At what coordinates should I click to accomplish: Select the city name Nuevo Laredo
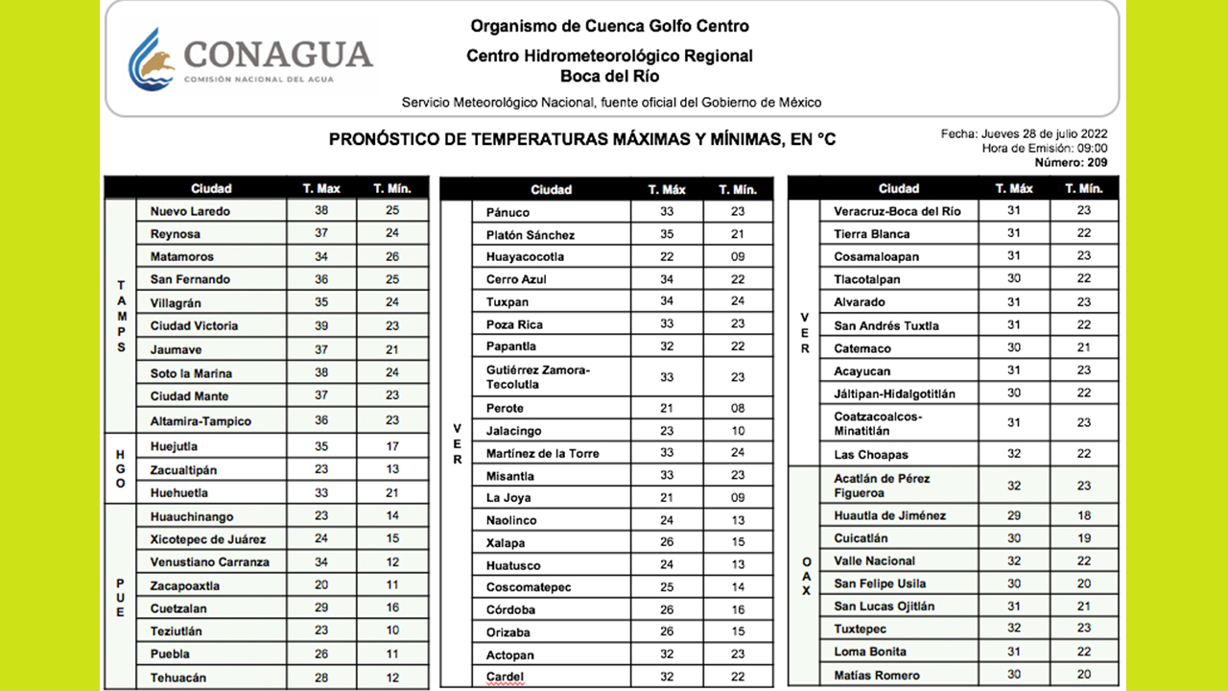pos(190,211)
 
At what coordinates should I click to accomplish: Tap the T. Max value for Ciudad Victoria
pos(320,326)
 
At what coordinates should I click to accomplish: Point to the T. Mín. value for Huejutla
pos(392,446)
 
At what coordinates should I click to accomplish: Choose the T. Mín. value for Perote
pos(737,408)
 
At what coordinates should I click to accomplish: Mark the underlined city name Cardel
pos(506,678)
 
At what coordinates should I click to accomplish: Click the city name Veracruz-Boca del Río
pos(897,211)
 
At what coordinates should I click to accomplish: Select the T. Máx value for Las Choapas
pos(1013,455)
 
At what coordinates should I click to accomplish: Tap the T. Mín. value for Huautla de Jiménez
pos(1083,515)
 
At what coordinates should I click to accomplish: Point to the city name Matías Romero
pos(877,676)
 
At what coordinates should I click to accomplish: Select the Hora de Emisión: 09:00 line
pos(1045,148)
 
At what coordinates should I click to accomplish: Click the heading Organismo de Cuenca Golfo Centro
pos(609,26)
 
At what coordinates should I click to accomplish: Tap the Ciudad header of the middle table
pos(551,190)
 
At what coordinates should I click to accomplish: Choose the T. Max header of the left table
pos(320,188)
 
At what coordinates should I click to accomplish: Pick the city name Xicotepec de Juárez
pos(208,539)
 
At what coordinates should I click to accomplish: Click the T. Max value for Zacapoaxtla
pos(320,585)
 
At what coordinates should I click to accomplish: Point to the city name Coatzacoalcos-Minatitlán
pos(878,423)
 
